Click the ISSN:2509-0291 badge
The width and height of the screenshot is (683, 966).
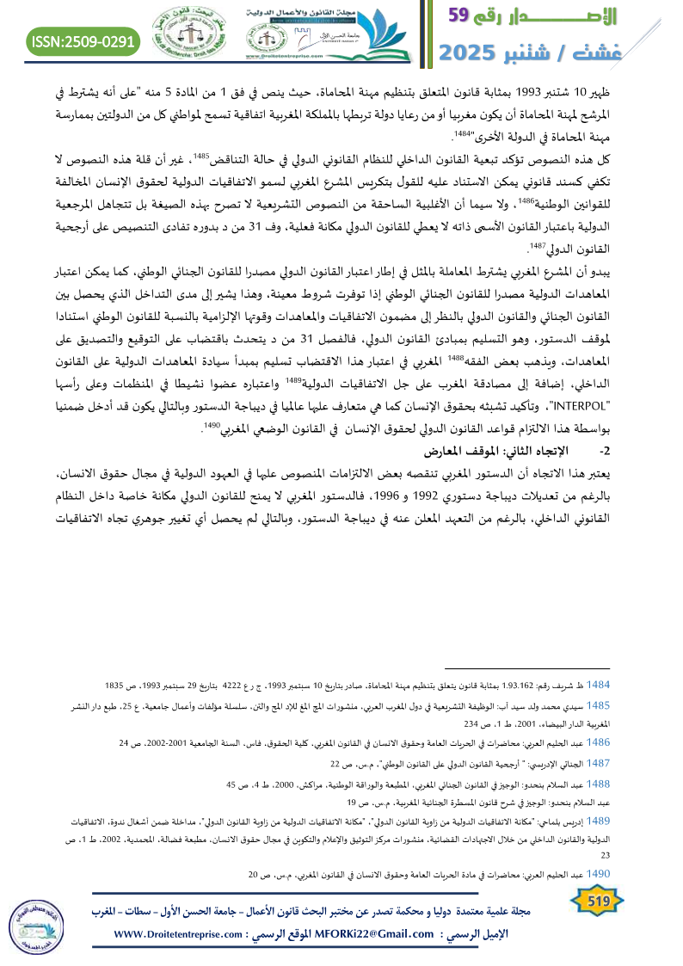tap(83, 40)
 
